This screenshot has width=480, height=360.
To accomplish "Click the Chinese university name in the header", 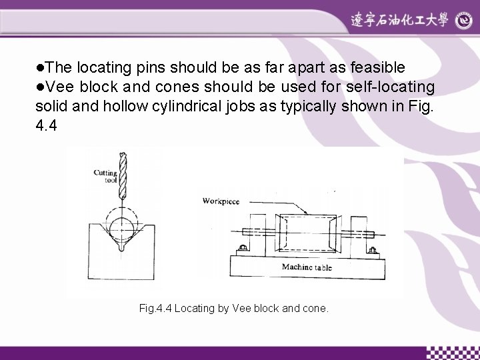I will click(x=401, y=21).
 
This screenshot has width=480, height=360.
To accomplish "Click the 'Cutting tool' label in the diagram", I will click(x=105, y=177).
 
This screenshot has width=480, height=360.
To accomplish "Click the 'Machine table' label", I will click(x=307, y=268).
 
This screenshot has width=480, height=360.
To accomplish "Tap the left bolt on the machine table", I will click(x=241, y=249).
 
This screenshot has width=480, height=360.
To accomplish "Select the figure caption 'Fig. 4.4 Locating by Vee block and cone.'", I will click(x=234, y=309).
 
